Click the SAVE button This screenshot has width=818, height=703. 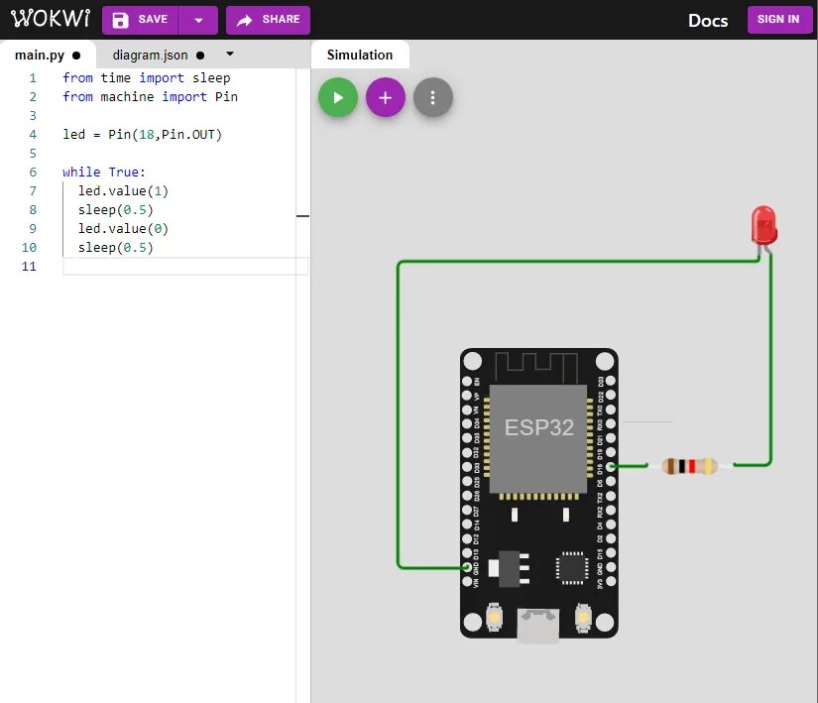click(x=140, y=20)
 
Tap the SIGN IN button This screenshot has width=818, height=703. click(x=778, y=20)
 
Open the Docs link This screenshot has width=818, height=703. click(x=708, y=21)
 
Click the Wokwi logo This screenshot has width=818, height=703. click(x=49, y=20)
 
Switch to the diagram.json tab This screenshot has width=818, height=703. click(x=158, y=56)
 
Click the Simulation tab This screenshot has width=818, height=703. click(x=360, y=56)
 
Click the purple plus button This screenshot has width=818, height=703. click(x=386, y=98)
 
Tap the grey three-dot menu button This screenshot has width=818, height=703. click(x=433, y=98)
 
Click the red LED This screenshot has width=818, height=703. click(x=763, y=225)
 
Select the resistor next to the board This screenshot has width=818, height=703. click(x=690, y=465)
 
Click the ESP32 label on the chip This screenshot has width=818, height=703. click(x=538, y=428)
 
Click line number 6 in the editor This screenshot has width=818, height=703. click(x=33, y=173)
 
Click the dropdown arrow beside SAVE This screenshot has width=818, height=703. click(x=199, y=20)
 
